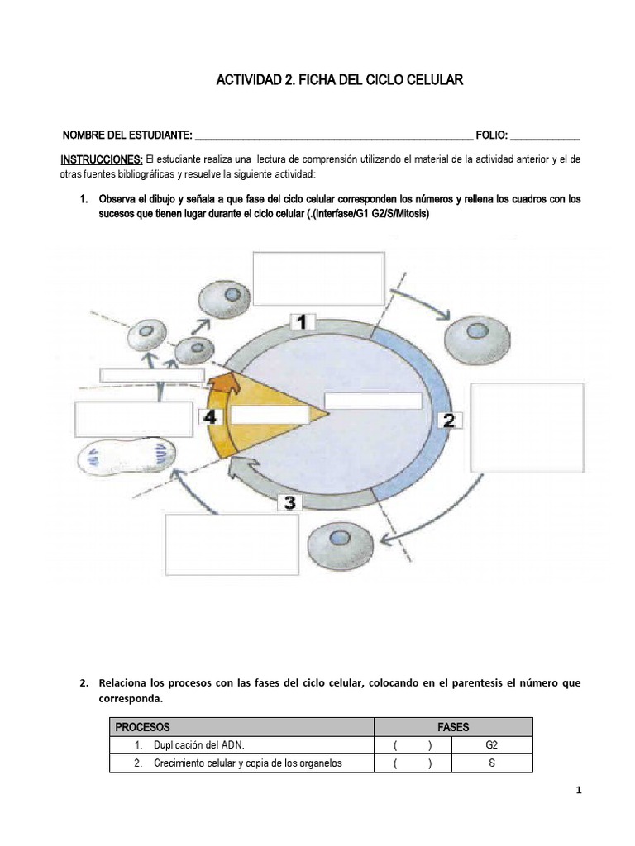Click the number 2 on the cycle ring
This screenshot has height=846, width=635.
448,420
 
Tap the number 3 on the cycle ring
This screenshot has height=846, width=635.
290,501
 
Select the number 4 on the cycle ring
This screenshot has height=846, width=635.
211,416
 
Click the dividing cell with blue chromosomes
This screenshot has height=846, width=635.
127,456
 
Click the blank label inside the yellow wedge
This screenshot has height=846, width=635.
258,416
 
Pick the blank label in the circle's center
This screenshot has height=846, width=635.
373,401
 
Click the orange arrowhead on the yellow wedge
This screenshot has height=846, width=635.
225,383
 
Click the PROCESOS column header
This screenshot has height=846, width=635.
142,727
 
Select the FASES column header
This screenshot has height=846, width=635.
453,727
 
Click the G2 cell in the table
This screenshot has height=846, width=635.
492,745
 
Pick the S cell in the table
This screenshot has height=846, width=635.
492,763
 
